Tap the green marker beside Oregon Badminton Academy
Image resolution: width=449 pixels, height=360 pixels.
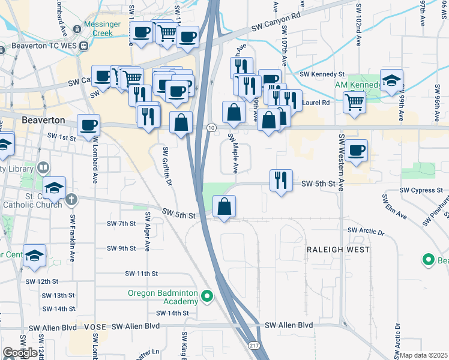tap(207, 296)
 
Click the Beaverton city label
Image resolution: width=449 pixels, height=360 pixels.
tap(43, 120)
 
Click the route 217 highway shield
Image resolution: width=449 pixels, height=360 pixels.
tap(253, 346)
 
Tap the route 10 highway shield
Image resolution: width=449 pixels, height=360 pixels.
tap(211, 128)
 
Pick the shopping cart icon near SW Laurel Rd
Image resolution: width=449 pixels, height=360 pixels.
tap(354, 103)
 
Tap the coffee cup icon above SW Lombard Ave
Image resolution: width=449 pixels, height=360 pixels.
tap(89, 125)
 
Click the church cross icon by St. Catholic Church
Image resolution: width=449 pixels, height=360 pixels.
tap(71, 199)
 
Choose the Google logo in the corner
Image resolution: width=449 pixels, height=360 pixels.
tap(20, 353)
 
